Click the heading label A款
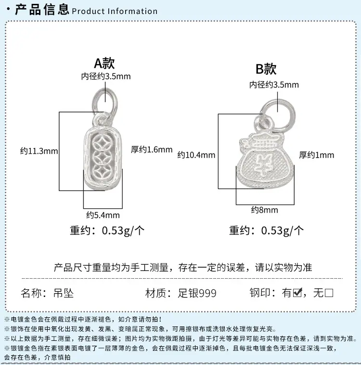pyautogui.click(x=104, y=63)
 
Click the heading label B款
pyautogui.click(x=266, y=69)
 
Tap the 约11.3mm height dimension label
pyautogui.click(x=39, y=151)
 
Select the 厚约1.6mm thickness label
pyautogui.click(x=152, y=149)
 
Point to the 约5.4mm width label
pyautogui.click(x=103, y=215)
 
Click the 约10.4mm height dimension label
pyautogui.click(x=196, y=155)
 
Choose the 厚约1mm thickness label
pyautogui.click(x=316, y=155)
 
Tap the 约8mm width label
pyautogui.click(x=264, y=210)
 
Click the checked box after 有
pyautogui.click(x=297, y=293)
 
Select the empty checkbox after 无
pyautogui.click(x=329, y=293)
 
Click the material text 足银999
pyautogui.click(x=197, y=293)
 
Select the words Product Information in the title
pyautogui.click(x=115, y=11)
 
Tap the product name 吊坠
pyautogui.click(x=64, y=293)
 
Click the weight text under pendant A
pyautogui.click(x=107, y=230)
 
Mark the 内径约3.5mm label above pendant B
pyautogui.click(x=274, y=84)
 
